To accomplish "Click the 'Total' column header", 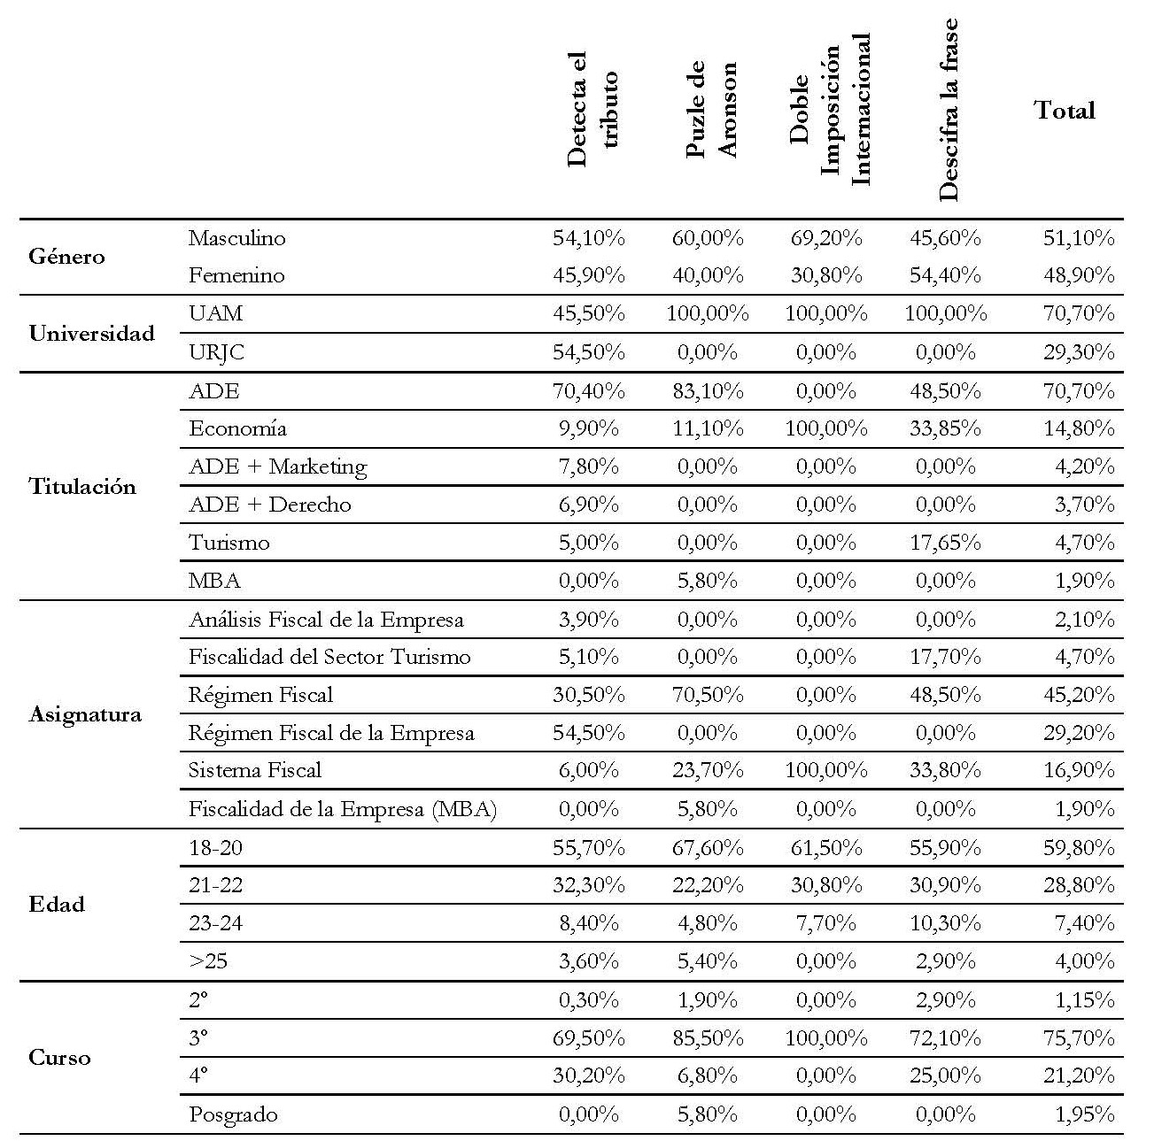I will (1065, 111).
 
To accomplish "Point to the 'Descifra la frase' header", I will (948, 111).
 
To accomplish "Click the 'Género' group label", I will (66, 257).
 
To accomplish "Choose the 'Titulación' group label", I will (82, 486).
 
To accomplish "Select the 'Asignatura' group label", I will (85, 714).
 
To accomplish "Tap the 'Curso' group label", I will (59, 1058).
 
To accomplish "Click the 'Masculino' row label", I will (236, 238).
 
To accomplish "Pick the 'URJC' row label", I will (216, 352).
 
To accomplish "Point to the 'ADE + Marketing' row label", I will (277, 466).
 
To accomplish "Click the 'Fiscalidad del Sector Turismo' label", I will (329, 657).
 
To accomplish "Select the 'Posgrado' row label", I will (233, 1114).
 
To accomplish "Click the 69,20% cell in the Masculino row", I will (826, 238).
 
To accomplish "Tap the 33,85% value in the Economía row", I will (945, 428).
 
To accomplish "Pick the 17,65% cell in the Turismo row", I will (945, 543).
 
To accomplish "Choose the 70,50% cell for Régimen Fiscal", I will (708, 695).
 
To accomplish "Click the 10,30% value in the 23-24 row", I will (945, 923).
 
